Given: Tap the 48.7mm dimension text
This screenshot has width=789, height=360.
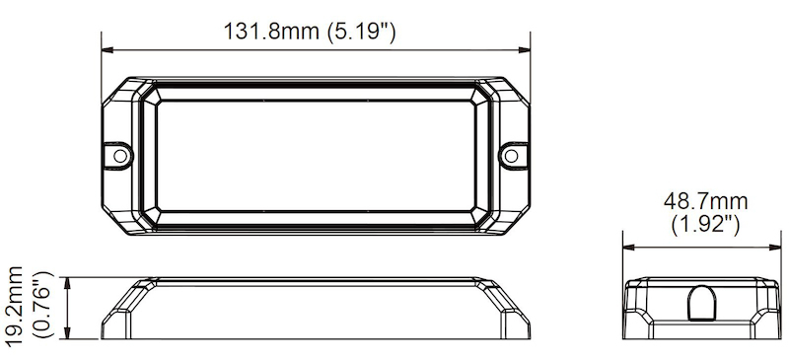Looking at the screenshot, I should click(705, 202).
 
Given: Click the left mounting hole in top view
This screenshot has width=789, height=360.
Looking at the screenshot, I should click(119, 155).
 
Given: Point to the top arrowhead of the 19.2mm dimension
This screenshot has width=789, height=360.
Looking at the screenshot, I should click(67, 279).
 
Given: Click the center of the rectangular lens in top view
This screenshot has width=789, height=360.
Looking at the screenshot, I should click(316, 156).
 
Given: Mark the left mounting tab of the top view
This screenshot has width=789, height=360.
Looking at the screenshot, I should click(118, 155).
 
